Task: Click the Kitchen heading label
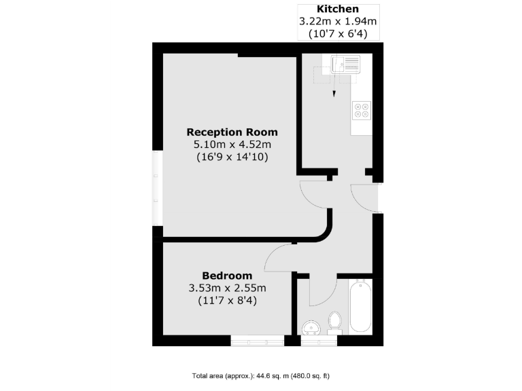coord(338,9)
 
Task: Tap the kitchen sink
coord(345,65)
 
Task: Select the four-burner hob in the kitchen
coord(362,110)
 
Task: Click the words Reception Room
coord(232,132)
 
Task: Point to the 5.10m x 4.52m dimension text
coord(232,144)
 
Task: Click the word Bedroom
coord(227,276)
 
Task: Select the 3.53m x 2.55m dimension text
coord(227,288)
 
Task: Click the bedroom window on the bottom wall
coord(257,341)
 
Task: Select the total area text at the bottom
coord(260,375)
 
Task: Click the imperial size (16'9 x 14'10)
coord(232,157)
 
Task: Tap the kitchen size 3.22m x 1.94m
coord(338,21)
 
